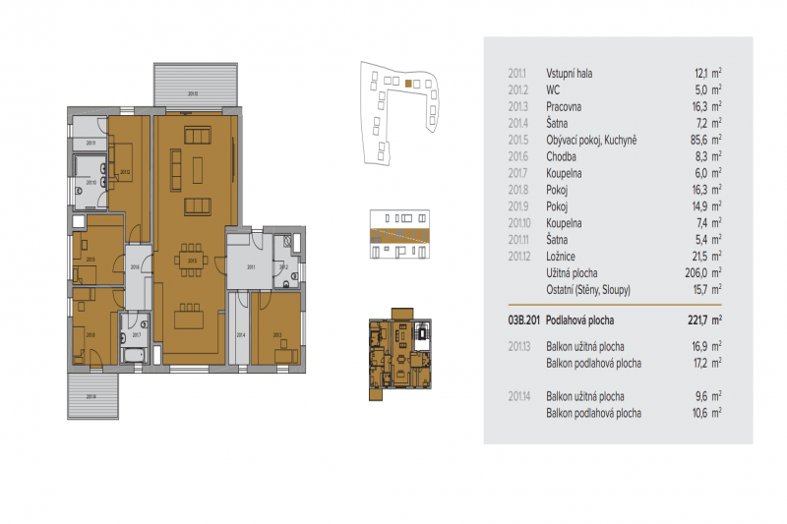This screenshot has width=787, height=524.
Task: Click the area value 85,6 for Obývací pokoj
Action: tap(697, 140)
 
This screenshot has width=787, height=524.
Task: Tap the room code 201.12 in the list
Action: tap(519, 256)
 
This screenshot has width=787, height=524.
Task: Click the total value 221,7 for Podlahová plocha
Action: tap(697, 320)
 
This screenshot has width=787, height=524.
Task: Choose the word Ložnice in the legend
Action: tap(560, 256)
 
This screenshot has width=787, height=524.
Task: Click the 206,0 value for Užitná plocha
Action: tap(696, 272)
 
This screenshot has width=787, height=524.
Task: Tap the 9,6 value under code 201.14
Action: tap(701, 397)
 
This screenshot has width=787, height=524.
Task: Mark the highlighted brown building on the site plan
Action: tap(408, 85)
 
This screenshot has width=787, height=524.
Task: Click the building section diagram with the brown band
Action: tap(399, 235)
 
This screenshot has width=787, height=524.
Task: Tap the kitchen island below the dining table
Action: tap(192, 317)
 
